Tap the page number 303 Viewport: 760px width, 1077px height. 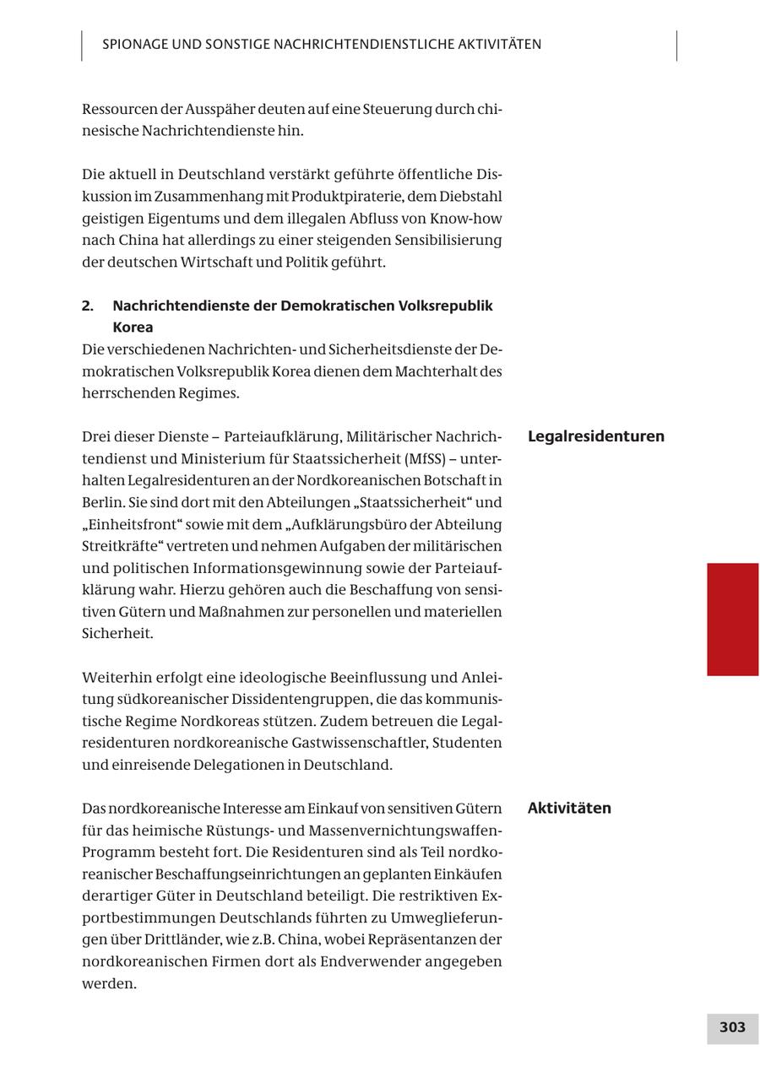click(x=732, y=1027)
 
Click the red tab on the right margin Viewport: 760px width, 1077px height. click(x=732, y=619)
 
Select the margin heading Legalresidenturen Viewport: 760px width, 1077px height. click(x=595, y=436)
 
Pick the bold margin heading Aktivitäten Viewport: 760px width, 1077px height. click(x=569, y=808)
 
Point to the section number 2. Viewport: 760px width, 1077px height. click(x=88, y=306)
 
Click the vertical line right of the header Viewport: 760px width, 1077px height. click(x=676, y=46)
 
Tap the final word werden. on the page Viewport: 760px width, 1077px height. click(x=109, y=983)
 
